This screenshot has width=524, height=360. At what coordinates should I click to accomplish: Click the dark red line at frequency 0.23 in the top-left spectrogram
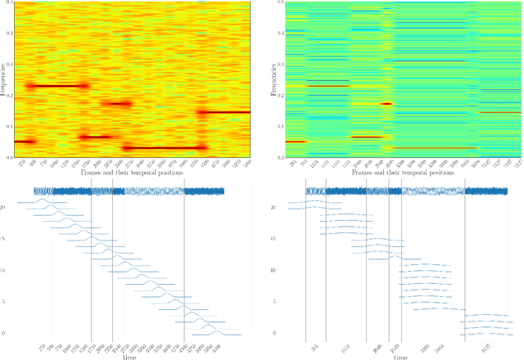[57, 86]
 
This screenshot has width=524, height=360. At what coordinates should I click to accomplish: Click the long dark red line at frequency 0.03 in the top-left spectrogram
[164, 148]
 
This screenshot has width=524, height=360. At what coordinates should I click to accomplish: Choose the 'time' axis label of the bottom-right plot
[398, 357]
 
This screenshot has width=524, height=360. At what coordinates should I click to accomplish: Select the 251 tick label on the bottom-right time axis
[315, 347]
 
